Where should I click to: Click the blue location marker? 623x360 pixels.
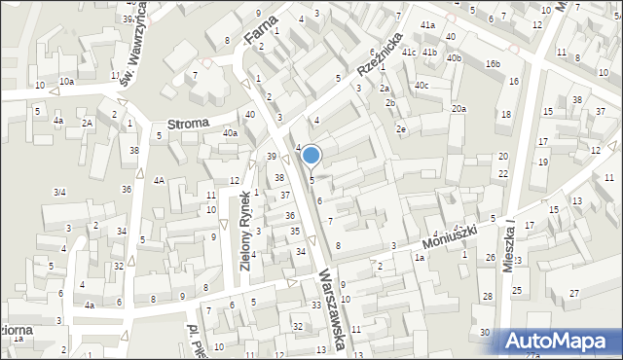(311, 155)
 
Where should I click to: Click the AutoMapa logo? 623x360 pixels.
(560, 341)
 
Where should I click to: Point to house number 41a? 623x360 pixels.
(427, 24)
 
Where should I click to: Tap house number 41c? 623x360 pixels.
(409, 52)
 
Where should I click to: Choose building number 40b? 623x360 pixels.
(454, 58)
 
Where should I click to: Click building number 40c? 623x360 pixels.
(421, 86)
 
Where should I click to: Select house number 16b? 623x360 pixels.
(493, 64)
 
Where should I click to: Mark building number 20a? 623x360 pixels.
(458, 109)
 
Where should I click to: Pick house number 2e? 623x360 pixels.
(400, 128)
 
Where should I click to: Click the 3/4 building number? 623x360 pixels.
(59, 193)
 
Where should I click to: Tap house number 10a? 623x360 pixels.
(66, 82)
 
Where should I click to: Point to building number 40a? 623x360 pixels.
(230, 133)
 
